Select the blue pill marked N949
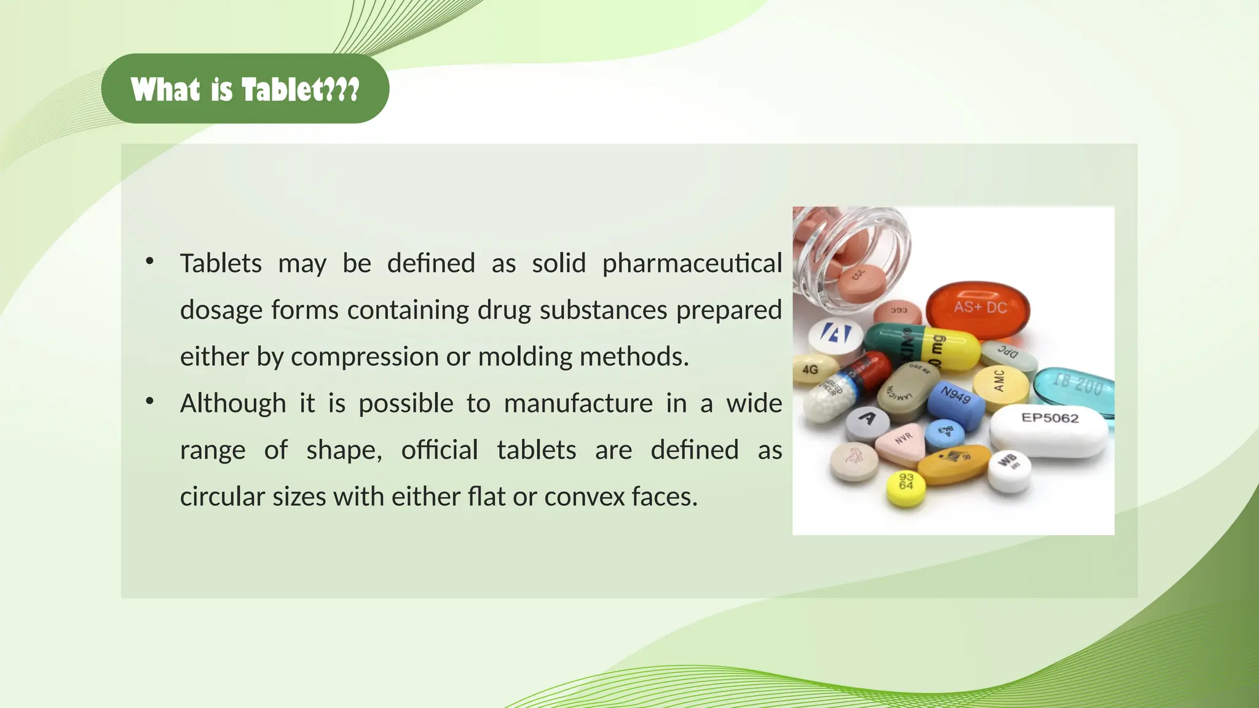pos(956,403)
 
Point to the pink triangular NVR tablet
pos(901,442)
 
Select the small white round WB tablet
pos(1009,470)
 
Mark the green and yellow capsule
pos(922,348)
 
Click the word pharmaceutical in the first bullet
pos(692,264)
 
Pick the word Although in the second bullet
pos(233,404)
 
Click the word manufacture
pos(578,404)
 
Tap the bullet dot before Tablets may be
pos(149,262)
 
